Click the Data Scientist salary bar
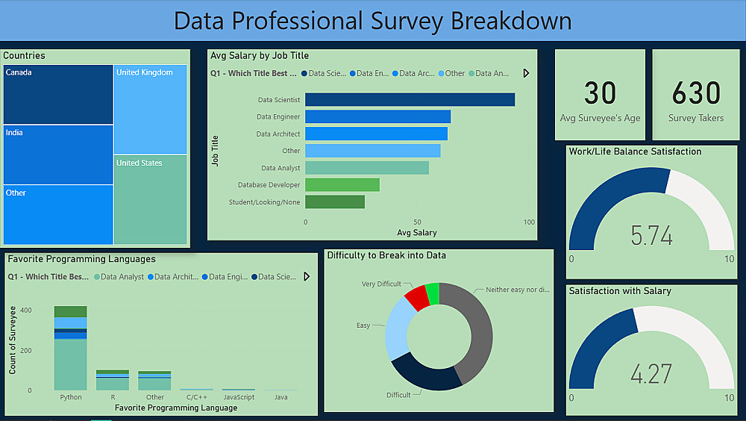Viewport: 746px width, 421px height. [410, 100]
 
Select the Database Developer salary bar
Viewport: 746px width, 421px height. [342, 184]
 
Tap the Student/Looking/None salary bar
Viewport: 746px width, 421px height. [335, 202]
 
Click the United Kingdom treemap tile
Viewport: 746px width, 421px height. [150, 110]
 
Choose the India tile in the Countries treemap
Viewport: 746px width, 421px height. [58, 155]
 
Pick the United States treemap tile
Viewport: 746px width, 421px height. [150, 199]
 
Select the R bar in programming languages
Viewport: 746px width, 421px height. [113, 380]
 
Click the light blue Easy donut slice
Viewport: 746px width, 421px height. [397, 334]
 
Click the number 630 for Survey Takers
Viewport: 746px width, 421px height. [696, 94]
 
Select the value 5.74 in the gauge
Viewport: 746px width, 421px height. [651, 236]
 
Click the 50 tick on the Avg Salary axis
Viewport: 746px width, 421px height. [417, 222]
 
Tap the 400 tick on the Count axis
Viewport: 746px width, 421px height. [25, 310]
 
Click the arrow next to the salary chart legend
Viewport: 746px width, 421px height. [526, 73]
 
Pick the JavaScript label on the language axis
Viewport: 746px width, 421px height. [239, 397]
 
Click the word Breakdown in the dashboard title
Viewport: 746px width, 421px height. [511, 21]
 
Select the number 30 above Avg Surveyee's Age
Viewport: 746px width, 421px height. [600, 94]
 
